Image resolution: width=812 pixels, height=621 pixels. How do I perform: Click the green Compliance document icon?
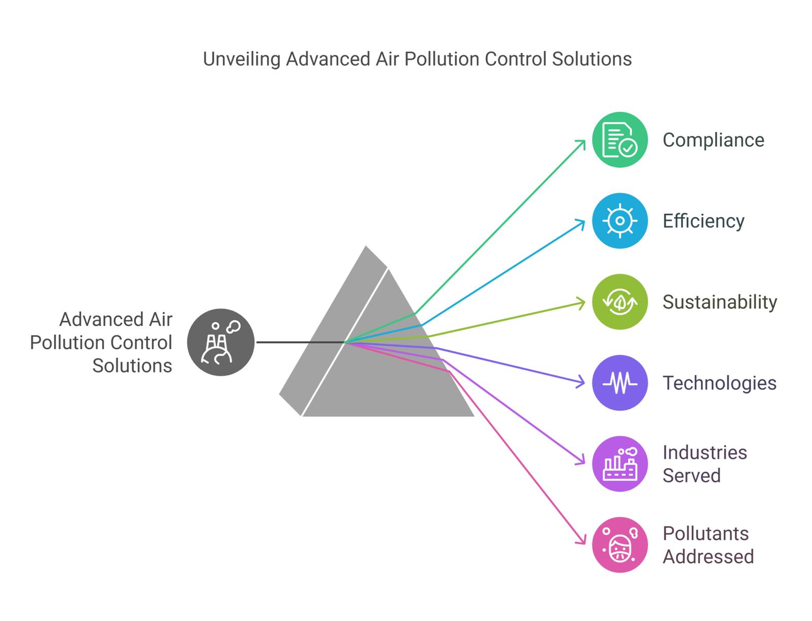point(619,140)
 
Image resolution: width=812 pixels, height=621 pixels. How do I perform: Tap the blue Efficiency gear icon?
point(619,221)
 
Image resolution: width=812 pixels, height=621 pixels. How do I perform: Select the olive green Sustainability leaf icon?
point(619,302)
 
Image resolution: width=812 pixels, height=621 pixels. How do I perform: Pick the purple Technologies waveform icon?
point(619,383)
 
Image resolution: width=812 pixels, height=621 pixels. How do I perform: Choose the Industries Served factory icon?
point(619,464)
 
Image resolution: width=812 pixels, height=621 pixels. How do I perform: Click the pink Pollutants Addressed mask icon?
point(619,545)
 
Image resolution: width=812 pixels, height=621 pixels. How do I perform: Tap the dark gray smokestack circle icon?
point(221,342)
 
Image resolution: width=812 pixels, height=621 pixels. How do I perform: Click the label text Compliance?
point(713,140)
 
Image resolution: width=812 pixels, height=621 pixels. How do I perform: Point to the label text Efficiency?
point(703,221)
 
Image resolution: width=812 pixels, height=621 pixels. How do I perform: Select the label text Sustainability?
point(720,302)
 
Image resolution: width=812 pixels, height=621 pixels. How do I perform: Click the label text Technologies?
point(719,383)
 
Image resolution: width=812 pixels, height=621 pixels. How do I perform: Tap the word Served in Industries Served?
point(691,476)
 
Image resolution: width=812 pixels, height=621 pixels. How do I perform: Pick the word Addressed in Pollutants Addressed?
point(708,557)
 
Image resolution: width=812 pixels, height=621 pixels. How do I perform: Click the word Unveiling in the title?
point(242,59)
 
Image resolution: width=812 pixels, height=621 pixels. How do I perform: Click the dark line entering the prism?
point(299,342)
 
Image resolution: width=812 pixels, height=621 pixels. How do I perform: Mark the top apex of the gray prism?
point(366,247)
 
